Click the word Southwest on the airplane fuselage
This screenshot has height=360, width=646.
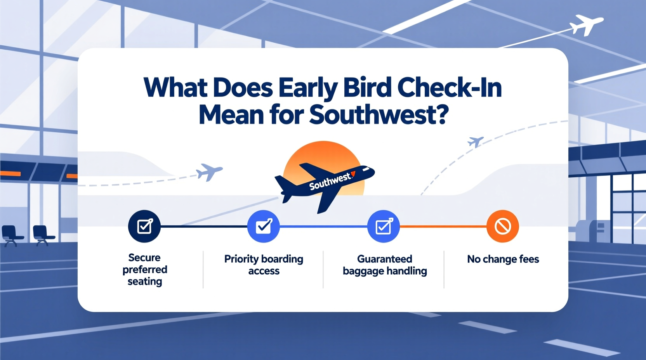pos(330,181)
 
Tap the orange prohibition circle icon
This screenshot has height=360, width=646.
pos(502,226)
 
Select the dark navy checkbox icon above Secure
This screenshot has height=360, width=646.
pos(144,226)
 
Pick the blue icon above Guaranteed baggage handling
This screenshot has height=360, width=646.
pos(384,226)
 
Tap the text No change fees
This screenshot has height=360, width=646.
pos(503,259)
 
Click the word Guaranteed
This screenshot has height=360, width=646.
pos(384,259)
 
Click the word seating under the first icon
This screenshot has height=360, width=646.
pos(144,282)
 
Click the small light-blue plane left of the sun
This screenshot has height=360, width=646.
pos(209,171)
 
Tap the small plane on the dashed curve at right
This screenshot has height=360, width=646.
pos(476,142)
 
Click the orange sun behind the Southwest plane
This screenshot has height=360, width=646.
pos(322,155)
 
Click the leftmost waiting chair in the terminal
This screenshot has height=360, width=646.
pos(10,235)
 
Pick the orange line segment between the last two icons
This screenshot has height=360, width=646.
pos(443,226)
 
